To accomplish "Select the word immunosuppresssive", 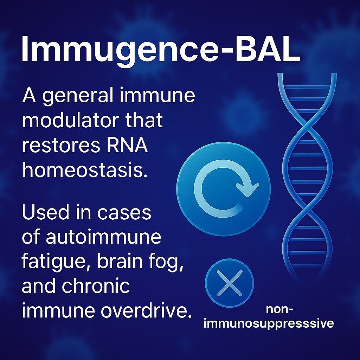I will (269, 323).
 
